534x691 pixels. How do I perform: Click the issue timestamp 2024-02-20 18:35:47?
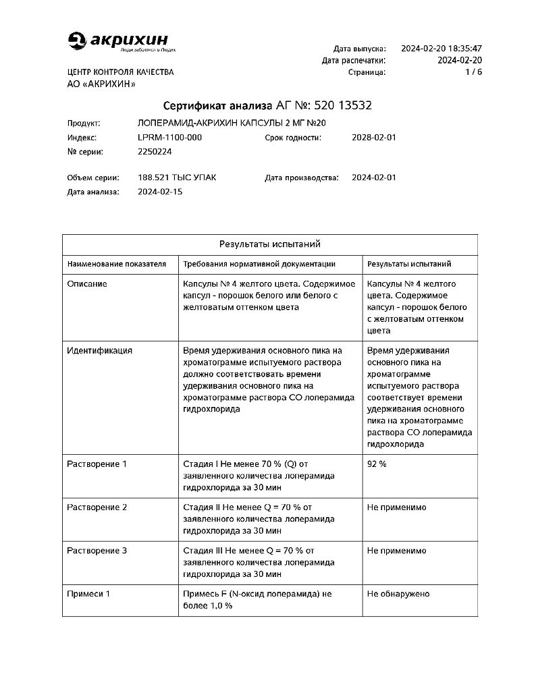441,49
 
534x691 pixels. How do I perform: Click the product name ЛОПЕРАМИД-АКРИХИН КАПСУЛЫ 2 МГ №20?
232,123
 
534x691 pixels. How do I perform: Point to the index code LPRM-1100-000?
169,138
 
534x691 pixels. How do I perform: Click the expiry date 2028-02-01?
374,138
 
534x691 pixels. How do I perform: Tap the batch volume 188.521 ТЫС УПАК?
177,178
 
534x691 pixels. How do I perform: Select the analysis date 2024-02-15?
159,192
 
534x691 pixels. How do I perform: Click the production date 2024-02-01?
374,178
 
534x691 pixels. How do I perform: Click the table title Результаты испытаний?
269,244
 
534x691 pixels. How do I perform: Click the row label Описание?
87,284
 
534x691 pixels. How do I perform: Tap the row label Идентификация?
99,351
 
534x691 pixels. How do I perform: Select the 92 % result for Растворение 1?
377,464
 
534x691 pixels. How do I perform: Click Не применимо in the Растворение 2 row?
396,507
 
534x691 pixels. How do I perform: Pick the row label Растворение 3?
97,551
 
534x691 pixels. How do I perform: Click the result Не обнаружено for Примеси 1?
398,594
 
